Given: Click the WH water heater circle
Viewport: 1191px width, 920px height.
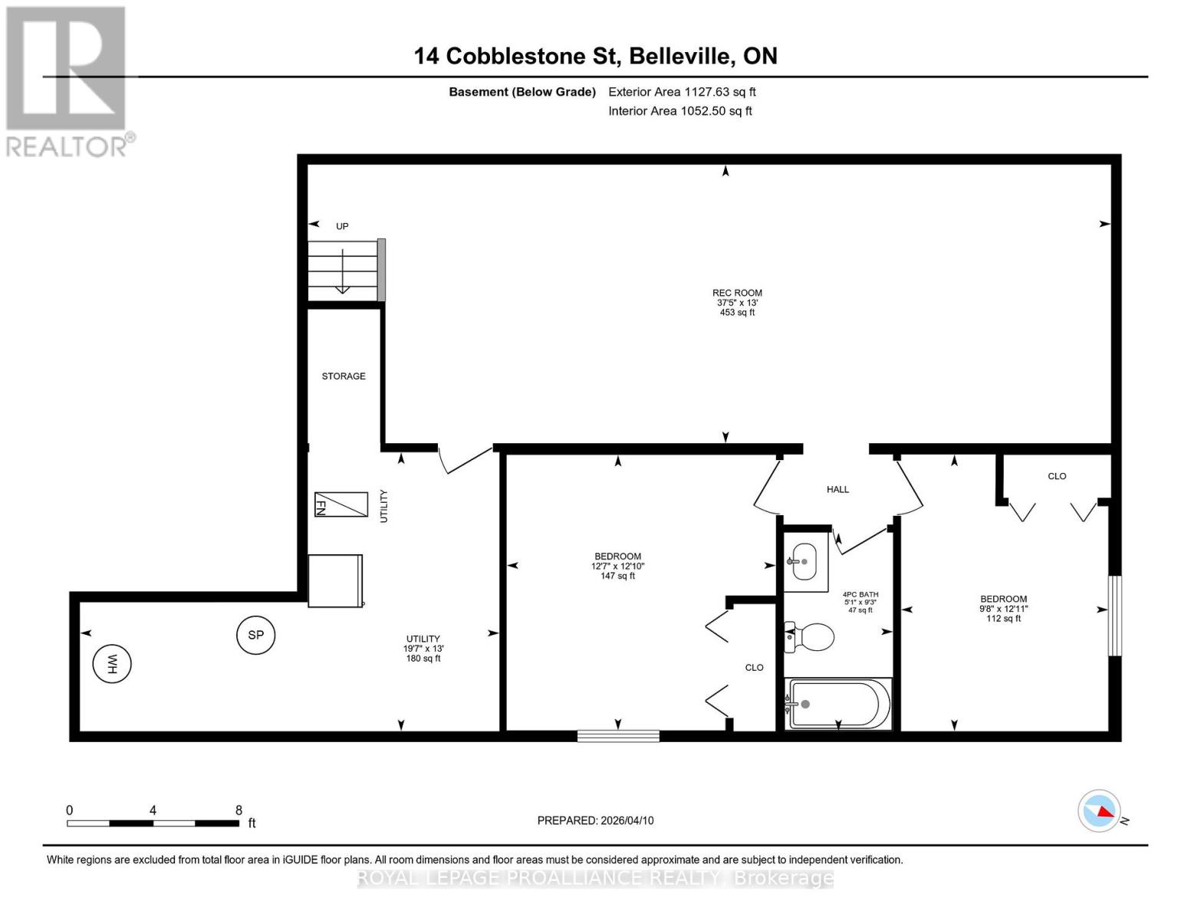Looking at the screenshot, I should pos(112,664).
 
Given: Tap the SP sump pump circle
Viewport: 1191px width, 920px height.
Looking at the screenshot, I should pos(255,635).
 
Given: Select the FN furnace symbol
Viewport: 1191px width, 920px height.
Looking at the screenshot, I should pos(341,504).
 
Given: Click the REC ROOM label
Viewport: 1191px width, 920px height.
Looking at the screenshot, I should pos(737,293).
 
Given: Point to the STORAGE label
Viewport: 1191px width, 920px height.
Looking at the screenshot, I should pos(344,376).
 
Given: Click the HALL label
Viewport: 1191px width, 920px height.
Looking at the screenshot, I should pos(837,489).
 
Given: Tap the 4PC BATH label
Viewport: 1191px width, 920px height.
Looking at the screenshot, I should pos(860,595).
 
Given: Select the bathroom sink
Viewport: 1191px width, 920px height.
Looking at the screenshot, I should pos(804,562).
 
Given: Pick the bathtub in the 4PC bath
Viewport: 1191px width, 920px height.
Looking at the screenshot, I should pos(839,704).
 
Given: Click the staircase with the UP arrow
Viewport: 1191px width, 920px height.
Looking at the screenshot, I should pos(344,270).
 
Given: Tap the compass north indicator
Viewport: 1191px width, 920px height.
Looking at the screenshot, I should pos(1100,810).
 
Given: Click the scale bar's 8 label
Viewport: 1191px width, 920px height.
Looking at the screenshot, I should pos(239,810).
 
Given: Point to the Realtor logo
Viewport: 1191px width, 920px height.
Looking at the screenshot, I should pos(67,81).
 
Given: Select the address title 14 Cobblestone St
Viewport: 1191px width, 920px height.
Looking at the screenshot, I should pos(595,56).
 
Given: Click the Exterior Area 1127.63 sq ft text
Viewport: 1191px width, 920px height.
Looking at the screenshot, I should pos(682,92).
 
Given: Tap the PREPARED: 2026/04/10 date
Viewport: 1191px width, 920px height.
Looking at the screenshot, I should pos(595,820).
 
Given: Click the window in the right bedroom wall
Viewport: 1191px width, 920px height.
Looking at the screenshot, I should pos(1114,616).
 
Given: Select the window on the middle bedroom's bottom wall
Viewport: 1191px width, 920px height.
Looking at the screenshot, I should pos(618,736).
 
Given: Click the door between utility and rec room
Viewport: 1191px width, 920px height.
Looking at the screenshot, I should pos(464,458).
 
